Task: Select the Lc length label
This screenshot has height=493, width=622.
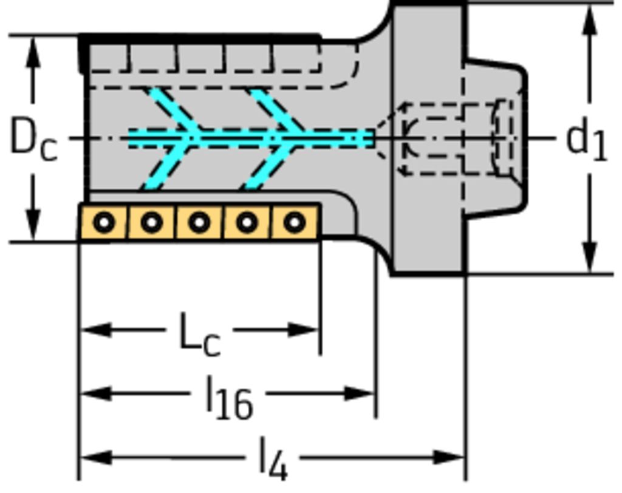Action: pyautogui.click(x=200, y=335)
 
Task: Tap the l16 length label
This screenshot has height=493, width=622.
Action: pyautogui.click(x=228, y=398)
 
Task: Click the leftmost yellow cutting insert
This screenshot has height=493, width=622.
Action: pyautogui.click(x=104, y=223)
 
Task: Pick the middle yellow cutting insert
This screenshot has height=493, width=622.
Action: pyautogui.click(x=199, y=223)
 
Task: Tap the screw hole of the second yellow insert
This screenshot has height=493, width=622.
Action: pyautogui.click(x=151, y=223)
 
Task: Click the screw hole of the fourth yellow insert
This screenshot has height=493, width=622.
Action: pyautogui.click(x=247, y=223)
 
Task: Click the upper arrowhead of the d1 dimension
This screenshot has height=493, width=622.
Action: pyautogui.click(x=589, y=18)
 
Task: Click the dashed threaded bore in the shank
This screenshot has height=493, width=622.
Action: pyautogui.click(x=449, y=138)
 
